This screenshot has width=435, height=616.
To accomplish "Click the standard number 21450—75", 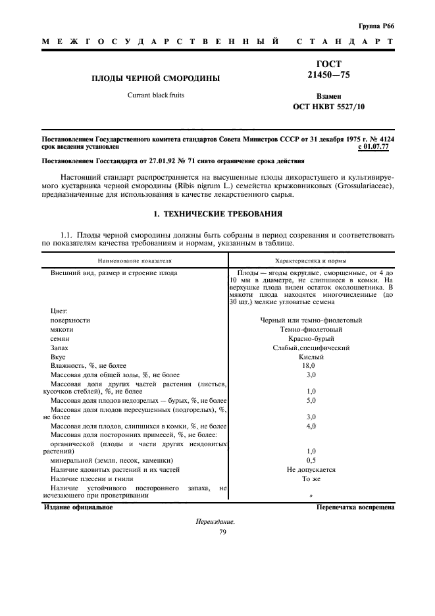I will click(x=329, y=76).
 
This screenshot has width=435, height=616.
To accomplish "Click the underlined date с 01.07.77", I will click(x=373, y=147).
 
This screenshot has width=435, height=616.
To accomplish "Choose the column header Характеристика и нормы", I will click(x=311, y=261).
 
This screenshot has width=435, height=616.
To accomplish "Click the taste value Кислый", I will click(x=311, y=357).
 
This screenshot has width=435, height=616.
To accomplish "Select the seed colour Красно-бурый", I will click(x=311, y=338).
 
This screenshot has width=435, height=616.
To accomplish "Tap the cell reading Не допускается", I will click(x=311, y=470).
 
